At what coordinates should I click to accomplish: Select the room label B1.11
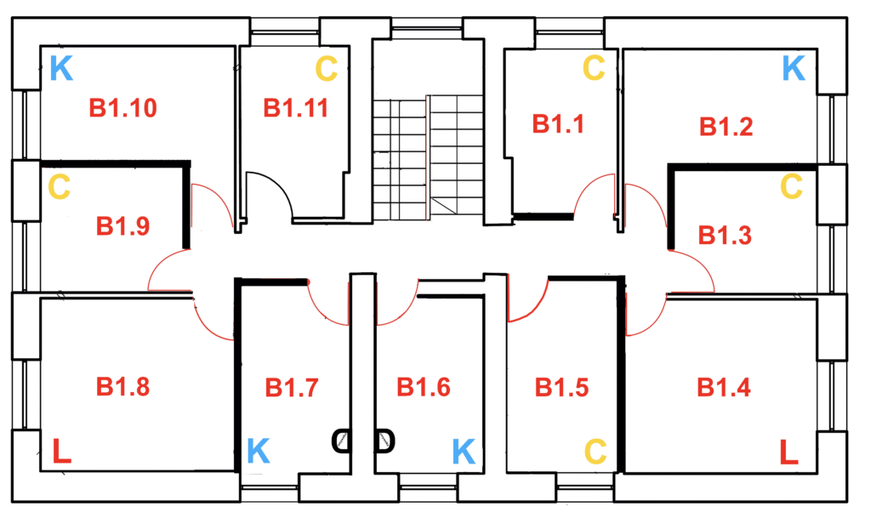pyautogui.click(x=295, y=109)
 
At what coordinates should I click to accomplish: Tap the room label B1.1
pyautogui.click(x=558, y=124)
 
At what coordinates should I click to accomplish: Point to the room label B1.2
pyautogui.click(x=726, y=128)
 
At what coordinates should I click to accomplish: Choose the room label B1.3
pyautogui.click(x=724, y=235)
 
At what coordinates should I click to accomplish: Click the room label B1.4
pyautogui.click(x=724, y=388)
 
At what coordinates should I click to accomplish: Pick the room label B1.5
pyautogui.click(x=561, y=388)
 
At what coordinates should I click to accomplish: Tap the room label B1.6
pyautogui.click(x=424, y=388)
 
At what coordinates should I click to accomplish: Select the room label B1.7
pyautogui.click(x=292, y=388)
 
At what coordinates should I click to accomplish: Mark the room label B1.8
pyautogui.click(x=122, y=387)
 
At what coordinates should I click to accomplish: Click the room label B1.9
pyautogui.click(x=122, y=226)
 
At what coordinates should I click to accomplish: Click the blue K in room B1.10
pyautogui.click(x=60, y=69)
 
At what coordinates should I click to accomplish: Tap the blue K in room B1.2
pyautogui.click(x=793, y=69)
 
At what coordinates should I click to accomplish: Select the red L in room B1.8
pyautogui.click(x=61, y=452)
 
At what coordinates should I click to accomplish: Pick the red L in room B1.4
pyautogui.click(x=789, y=452)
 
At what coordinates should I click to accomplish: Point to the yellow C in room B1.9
pyautogui.click(x=59, y=187)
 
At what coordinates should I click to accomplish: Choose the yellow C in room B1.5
pyautogui.click(x=595, y=449)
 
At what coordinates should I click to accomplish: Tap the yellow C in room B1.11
pyautogui.click(x=327, y=69)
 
